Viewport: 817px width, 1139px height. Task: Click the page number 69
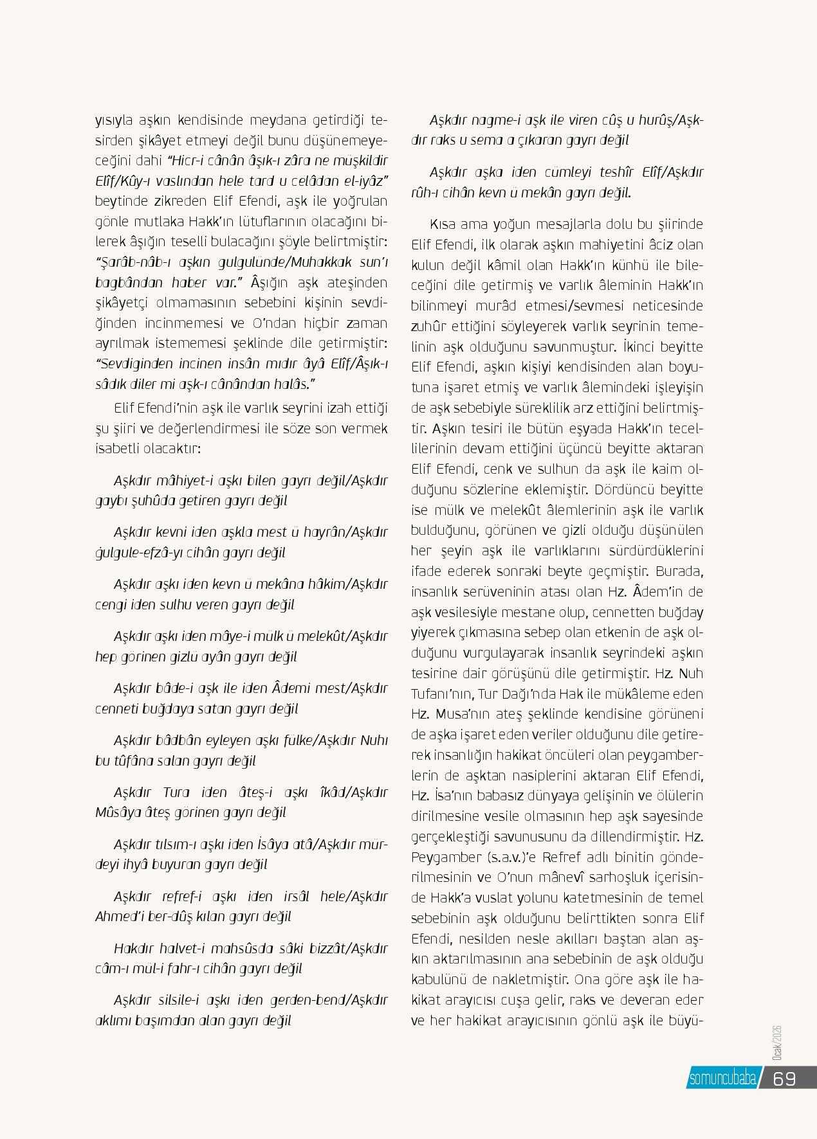tap(784, 1078)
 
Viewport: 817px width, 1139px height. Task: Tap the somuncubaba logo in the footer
tap(722, 1079)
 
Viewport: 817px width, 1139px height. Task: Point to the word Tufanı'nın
tap(443, 694)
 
